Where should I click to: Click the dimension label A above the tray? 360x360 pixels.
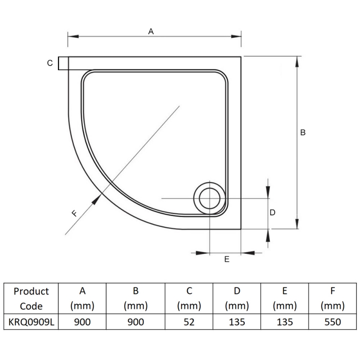click(x=151, y=31)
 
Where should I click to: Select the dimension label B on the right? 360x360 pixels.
click(x=303, y=132)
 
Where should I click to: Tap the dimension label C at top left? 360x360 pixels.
click(x=50, y=63)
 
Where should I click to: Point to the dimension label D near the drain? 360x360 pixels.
click(x=272, y=212)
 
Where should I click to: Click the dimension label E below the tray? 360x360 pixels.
click(x=227, y=259)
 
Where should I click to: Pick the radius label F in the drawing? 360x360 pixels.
click(x=75, y=214)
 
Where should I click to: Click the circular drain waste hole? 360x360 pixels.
click(x=209, y=198)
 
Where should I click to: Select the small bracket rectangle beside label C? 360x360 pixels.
click(x=63, y=63)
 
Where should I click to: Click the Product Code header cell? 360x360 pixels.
click(x=31, y=299)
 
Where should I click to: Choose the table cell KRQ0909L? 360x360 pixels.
click(x=31, y=322)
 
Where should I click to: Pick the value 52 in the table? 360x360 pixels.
click(x=189, y=322)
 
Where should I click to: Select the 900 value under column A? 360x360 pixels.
click(x=82, y=322)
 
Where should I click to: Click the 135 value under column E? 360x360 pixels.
click(x=284, y=322)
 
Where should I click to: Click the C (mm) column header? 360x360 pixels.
click(x=189, y=299)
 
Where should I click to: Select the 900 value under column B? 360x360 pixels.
click(x=135, y=322)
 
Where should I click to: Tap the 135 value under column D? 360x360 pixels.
click(x=237, y=322)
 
